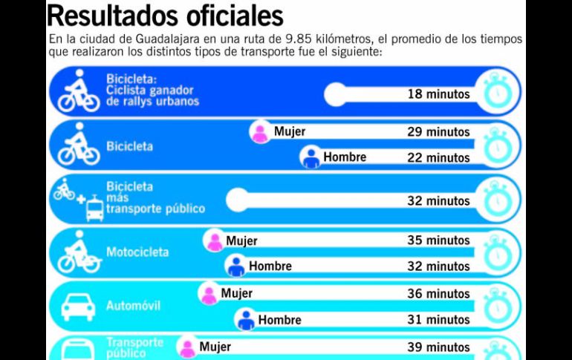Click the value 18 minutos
click(x=438, y=94)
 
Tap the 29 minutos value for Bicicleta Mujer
click(x=438, y=132)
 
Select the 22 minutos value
click(x=438, y=157)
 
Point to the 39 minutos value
click(x=438, y=347)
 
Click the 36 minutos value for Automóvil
click(x=438, y=293)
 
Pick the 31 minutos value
click(x=438, y=319)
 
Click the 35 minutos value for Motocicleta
click(x=438, y=240)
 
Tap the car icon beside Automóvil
click(x=78, y=306)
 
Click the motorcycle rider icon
click(x=78, y=252)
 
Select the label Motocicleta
click(x=137, y=252)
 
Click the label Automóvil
click(x=134, y=306)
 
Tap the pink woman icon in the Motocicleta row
click(x=214, y=241)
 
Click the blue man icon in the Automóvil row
click(x=246, y=320)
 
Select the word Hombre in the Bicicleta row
click(x=345, y=157)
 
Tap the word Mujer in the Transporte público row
click(x=215, y=347)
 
